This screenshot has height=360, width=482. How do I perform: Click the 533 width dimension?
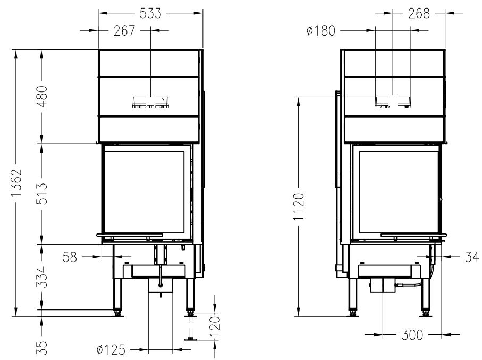coord(150,13)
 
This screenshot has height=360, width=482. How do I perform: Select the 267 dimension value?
coord(124,30)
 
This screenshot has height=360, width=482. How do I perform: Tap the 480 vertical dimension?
coord(42,96)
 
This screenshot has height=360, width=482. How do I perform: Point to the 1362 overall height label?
coord(16,182)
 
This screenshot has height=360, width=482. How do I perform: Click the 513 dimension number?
coord(42,194)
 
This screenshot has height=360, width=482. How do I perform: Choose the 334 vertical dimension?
coord(42,277)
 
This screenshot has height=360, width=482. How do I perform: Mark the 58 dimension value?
coord(70,257)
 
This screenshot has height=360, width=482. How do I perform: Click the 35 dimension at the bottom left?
coord(42,348)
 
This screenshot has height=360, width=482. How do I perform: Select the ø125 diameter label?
coord(111,350)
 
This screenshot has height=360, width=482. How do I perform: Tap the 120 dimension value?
coord(216,325)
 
